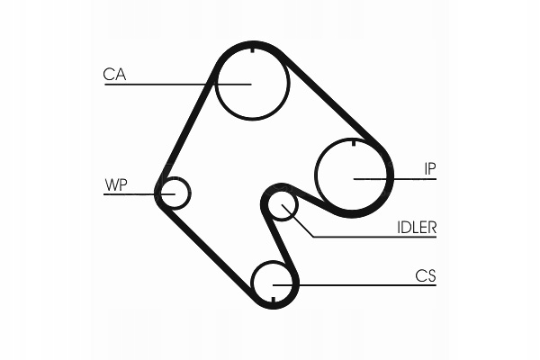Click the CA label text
point(114,75)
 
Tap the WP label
point(116,185)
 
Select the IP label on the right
point(432,167)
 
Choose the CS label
point(425,275)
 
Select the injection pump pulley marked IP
point(353,177)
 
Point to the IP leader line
point(405,178)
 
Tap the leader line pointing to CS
point(360,285)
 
